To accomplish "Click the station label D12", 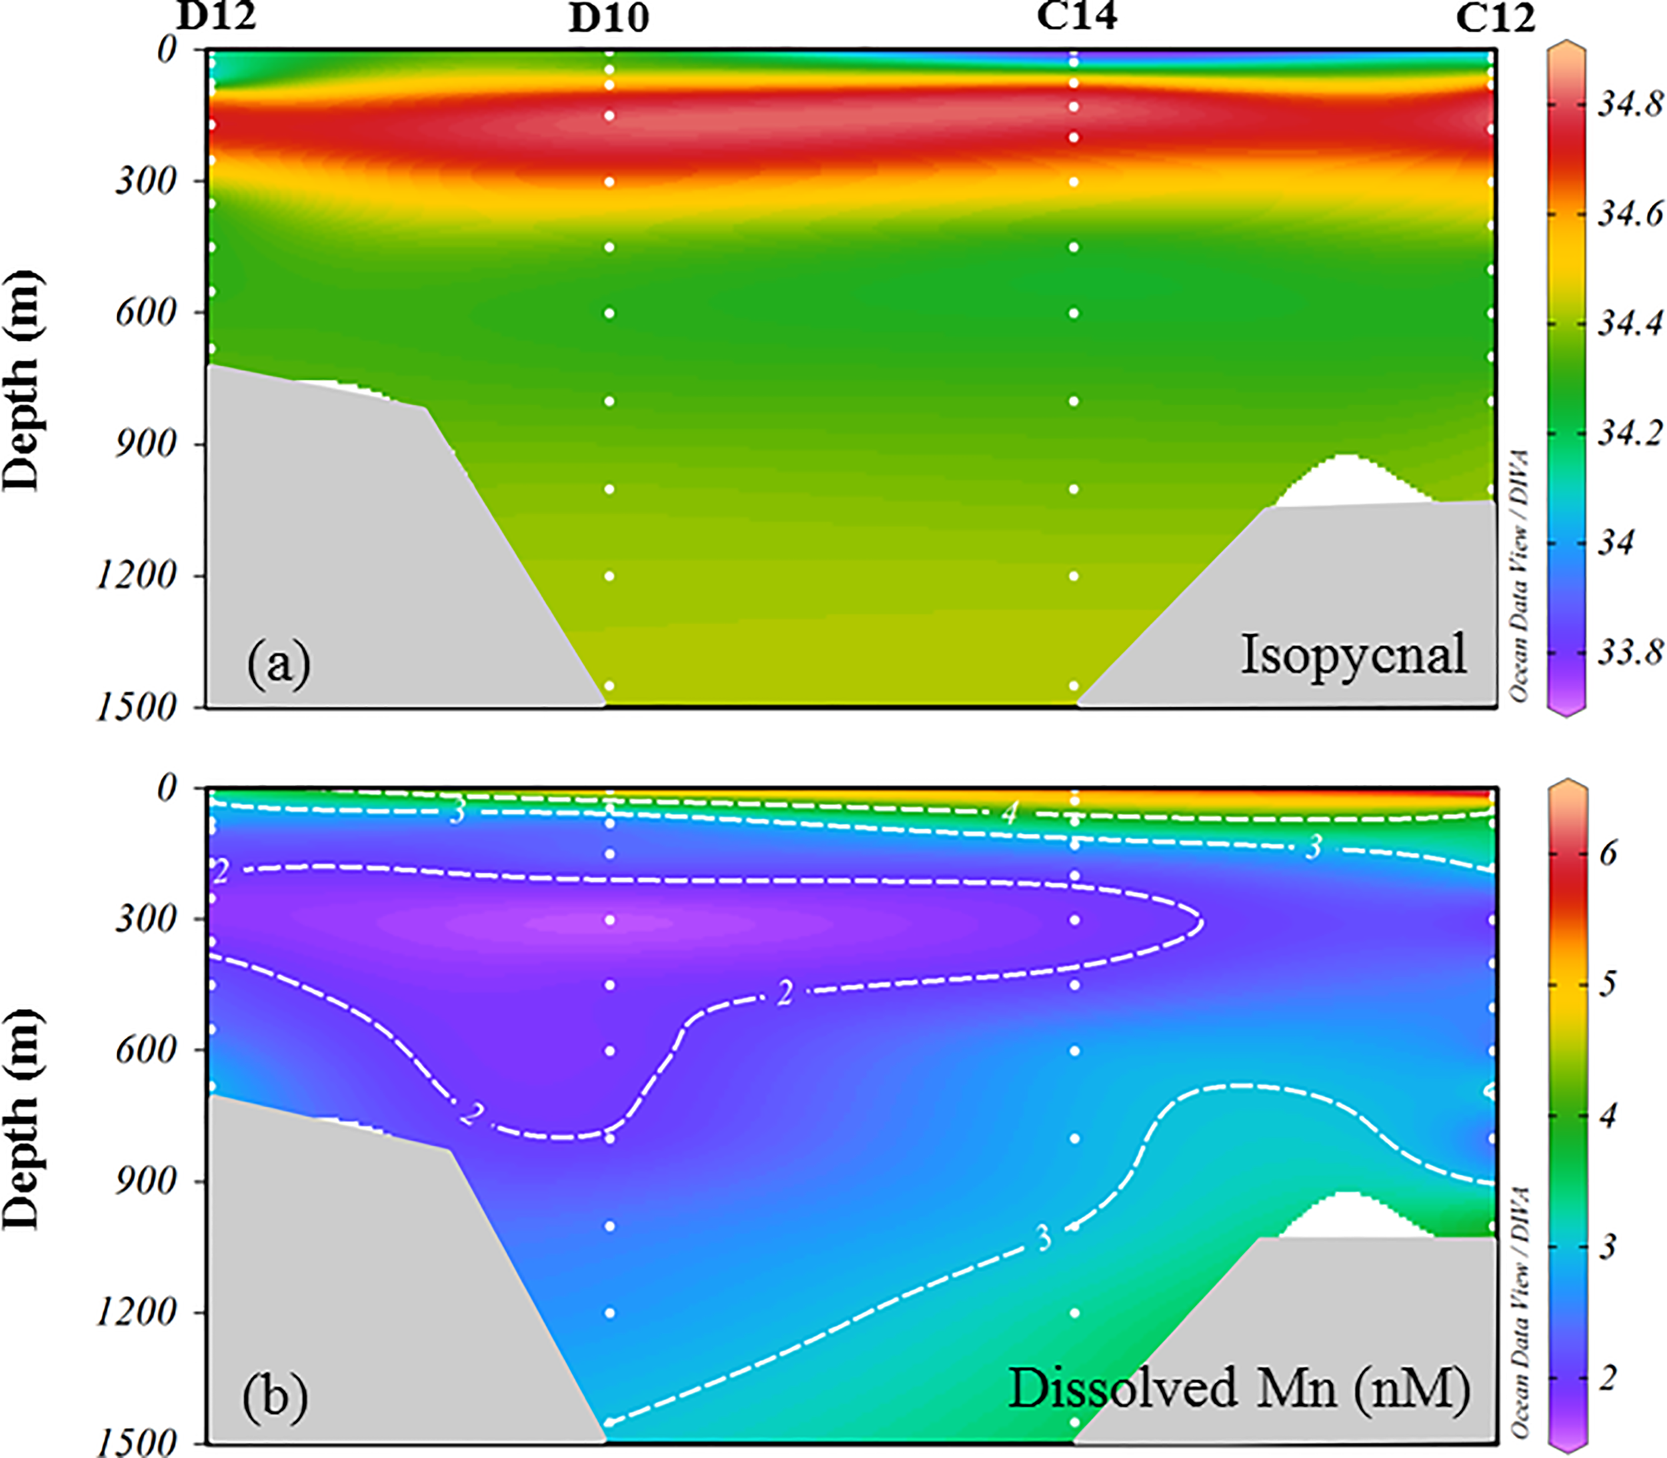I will click(217, 15).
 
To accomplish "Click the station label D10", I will click(609, 19).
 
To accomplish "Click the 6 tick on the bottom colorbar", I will click(1608, 854).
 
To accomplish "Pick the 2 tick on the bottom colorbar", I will click(1608, 1378).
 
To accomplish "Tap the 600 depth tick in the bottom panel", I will click(147, 1050).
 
